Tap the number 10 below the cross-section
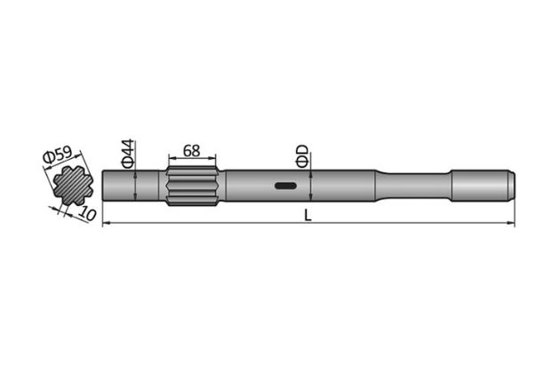pos(86,214)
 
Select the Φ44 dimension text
pos(126,153)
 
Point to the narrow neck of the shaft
pos(418,186)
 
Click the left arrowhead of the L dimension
pos(108,224)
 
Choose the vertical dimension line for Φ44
pos(133,186)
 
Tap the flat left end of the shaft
pos(105,186)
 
